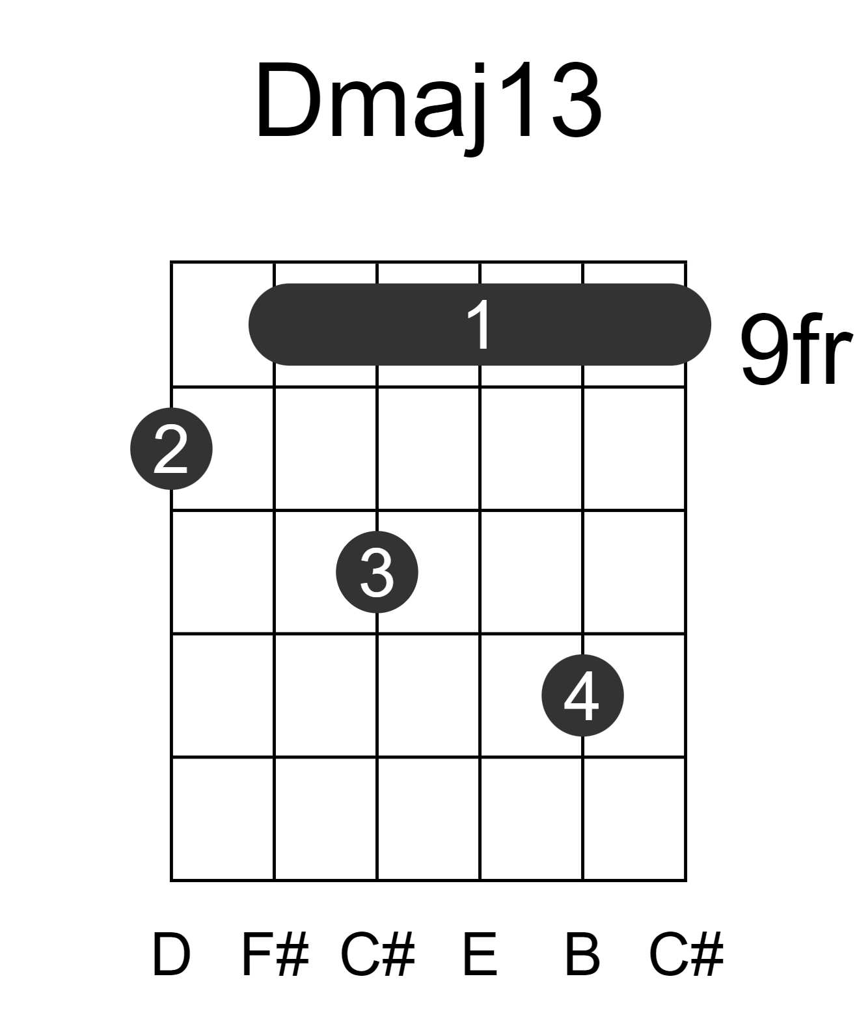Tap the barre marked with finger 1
(480, 325)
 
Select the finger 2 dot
(171, 449)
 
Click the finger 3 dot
(377, 572)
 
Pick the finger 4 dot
(582, 695)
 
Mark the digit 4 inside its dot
(582, 695)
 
